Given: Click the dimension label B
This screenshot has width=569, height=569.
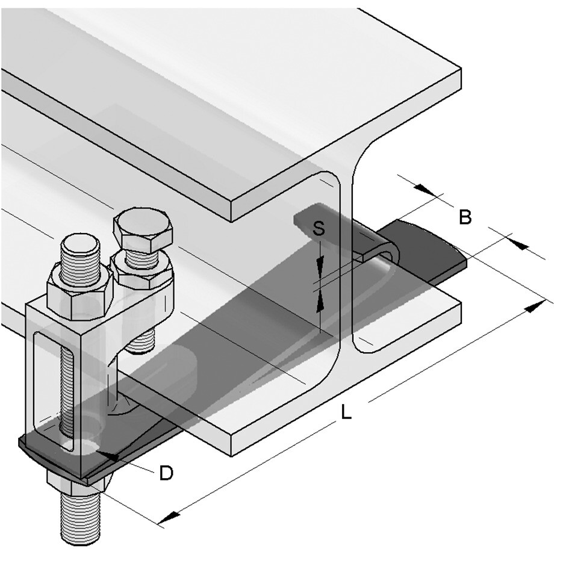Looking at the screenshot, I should click(x=464, y=217).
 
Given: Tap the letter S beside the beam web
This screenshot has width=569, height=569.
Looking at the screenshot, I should click(x=320, y=228).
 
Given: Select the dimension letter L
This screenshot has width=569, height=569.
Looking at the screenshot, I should click(x=346, y=413).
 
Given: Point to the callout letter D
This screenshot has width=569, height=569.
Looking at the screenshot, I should click(x=166, y=473).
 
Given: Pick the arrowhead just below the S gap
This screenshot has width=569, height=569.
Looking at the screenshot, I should click(x=319, y=297).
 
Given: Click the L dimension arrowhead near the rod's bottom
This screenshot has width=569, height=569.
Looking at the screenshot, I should click(x=169, y=517).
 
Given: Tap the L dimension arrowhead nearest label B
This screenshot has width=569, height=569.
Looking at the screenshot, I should click(x=532, y=306).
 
